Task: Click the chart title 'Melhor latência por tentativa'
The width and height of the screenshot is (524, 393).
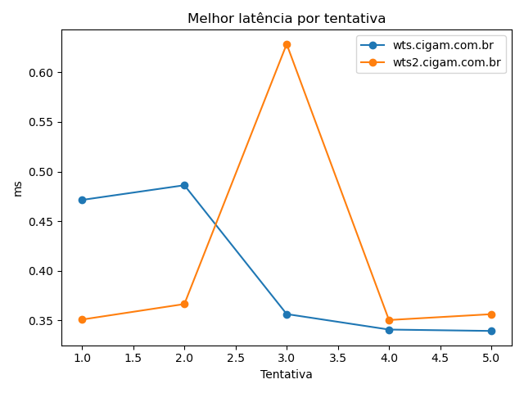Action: pos(287,18)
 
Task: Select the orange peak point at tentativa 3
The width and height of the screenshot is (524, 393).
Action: pos(287,44)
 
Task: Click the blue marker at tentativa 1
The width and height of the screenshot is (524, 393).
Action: pos(82,200)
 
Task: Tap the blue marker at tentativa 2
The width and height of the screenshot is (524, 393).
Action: pos(184,185)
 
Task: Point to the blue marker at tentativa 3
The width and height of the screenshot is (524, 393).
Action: pos(287,314)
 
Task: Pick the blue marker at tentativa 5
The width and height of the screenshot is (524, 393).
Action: pos(491,331)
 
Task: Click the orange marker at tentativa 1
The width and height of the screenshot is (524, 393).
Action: pos(82,319)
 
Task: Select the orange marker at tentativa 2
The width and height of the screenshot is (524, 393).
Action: pos(184,304)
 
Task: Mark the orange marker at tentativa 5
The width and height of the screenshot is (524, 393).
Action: pos(491,314)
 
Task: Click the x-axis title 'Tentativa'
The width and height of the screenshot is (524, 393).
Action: pos(287,374)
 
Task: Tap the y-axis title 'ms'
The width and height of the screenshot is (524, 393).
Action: pos(18,188)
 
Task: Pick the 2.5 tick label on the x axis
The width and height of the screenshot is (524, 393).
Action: pos(235,357)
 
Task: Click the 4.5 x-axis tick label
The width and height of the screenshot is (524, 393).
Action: pos(440,357)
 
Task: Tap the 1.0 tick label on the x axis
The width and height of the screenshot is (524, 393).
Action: pos(82,357)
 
